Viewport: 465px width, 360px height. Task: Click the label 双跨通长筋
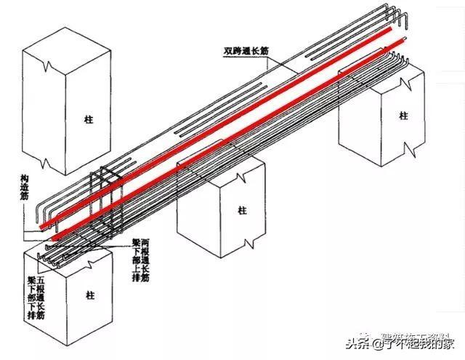point(246,52)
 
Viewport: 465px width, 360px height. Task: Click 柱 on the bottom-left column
point(90,295)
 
